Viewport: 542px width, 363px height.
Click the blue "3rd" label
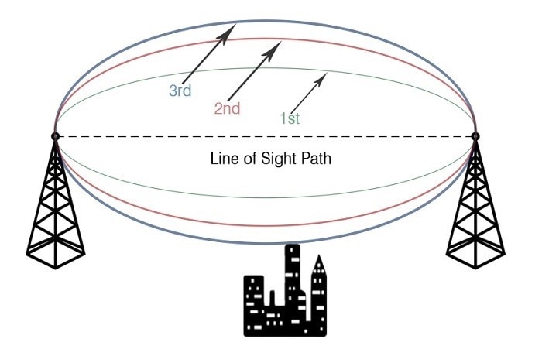pos(180,91)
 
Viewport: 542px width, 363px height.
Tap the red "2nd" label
pos(227,108)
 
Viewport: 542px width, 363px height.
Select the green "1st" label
pos(290,118)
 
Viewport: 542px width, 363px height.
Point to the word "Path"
pos(316,159)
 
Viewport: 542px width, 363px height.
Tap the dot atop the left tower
pos(55,136)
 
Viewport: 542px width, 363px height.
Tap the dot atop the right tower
pos(475,136)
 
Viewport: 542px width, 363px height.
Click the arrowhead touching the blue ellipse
pos(228,33)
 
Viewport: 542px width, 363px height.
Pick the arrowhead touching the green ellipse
pos(321,78)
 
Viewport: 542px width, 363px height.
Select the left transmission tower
pos(55,204)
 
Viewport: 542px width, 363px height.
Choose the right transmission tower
pos(475,204)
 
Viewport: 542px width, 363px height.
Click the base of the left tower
pos(55,255)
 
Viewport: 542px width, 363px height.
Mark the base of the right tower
pos(475,255)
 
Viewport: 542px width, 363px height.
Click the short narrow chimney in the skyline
pos(272,299)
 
